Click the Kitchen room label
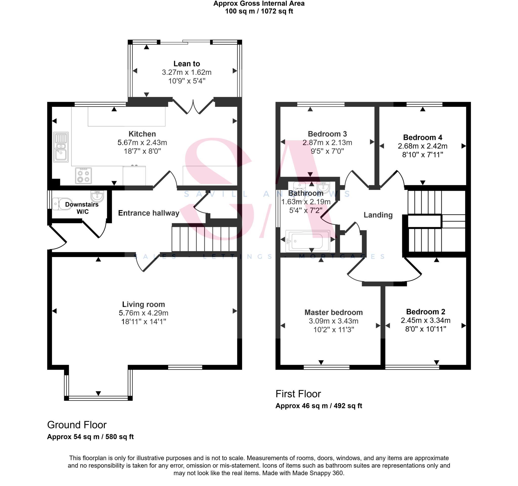pos(142,134)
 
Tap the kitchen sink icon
pos(61,147)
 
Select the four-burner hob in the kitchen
pos(83,176)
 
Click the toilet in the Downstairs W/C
pos(59,204)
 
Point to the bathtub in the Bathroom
pos(307,241)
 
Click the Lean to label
pos(187,64)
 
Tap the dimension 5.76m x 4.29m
pos(143,313)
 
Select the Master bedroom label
pos(333,312)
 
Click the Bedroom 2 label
pos(425,312)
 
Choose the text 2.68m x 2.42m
pos(422,146)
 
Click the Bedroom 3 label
pos(327,134)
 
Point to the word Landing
pos(378,215)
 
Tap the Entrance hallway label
pos(148,213)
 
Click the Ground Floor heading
pos(77,425)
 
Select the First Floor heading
pos(298,394)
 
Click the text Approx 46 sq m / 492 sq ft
pos(319,406)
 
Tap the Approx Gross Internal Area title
pos(259,4)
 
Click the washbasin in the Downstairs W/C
pos(97,196)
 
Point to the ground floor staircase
pos(204,238)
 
